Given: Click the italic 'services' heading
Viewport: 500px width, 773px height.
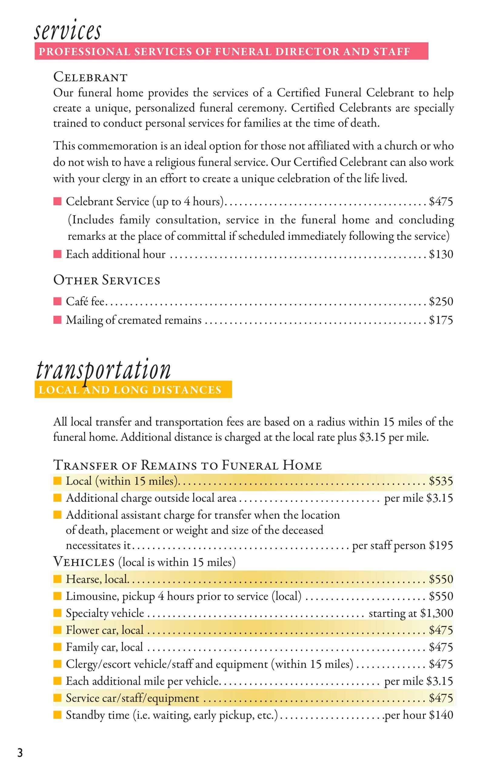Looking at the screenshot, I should [68, 31].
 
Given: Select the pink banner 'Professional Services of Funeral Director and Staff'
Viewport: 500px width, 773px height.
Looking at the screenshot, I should [231, 51].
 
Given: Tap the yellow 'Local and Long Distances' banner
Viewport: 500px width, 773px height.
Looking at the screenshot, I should [133, 390].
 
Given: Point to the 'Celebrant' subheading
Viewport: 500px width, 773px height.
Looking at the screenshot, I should [90, 77].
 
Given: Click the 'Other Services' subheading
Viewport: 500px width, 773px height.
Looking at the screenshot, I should [107, 280].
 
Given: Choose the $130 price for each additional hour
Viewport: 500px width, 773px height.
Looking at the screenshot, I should [441, 254].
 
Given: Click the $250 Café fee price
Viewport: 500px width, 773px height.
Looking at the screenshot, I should [441, 301].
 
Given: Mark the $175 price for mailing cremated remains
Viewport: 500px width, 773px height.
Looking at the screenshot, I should [441, 320].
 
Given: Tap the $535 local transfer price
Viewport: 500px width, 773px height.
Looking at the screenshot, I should [441, 481].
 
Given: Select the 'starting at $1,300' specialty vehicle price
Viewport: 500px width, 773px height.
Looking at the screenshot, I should [411, 613].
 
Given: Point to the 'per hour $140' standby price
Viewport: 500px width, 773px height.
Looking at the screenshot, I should [418, 715].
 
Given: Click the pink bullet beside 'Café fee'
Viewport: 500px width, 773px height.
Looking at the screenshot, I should [58, 302].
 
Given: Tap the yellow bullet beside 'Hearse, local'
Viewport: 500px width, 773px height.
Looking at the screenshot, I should [58, 579].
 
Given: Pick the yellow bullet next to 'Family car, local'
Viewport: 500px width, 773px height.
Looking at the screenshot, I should [58, 647].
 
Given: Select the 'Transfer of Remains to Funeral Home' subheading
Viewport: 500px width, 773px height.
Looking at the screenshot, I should [187, 465].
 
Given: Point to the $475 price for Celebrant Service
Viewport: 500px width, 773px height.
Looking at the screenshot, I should [441, 202].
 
